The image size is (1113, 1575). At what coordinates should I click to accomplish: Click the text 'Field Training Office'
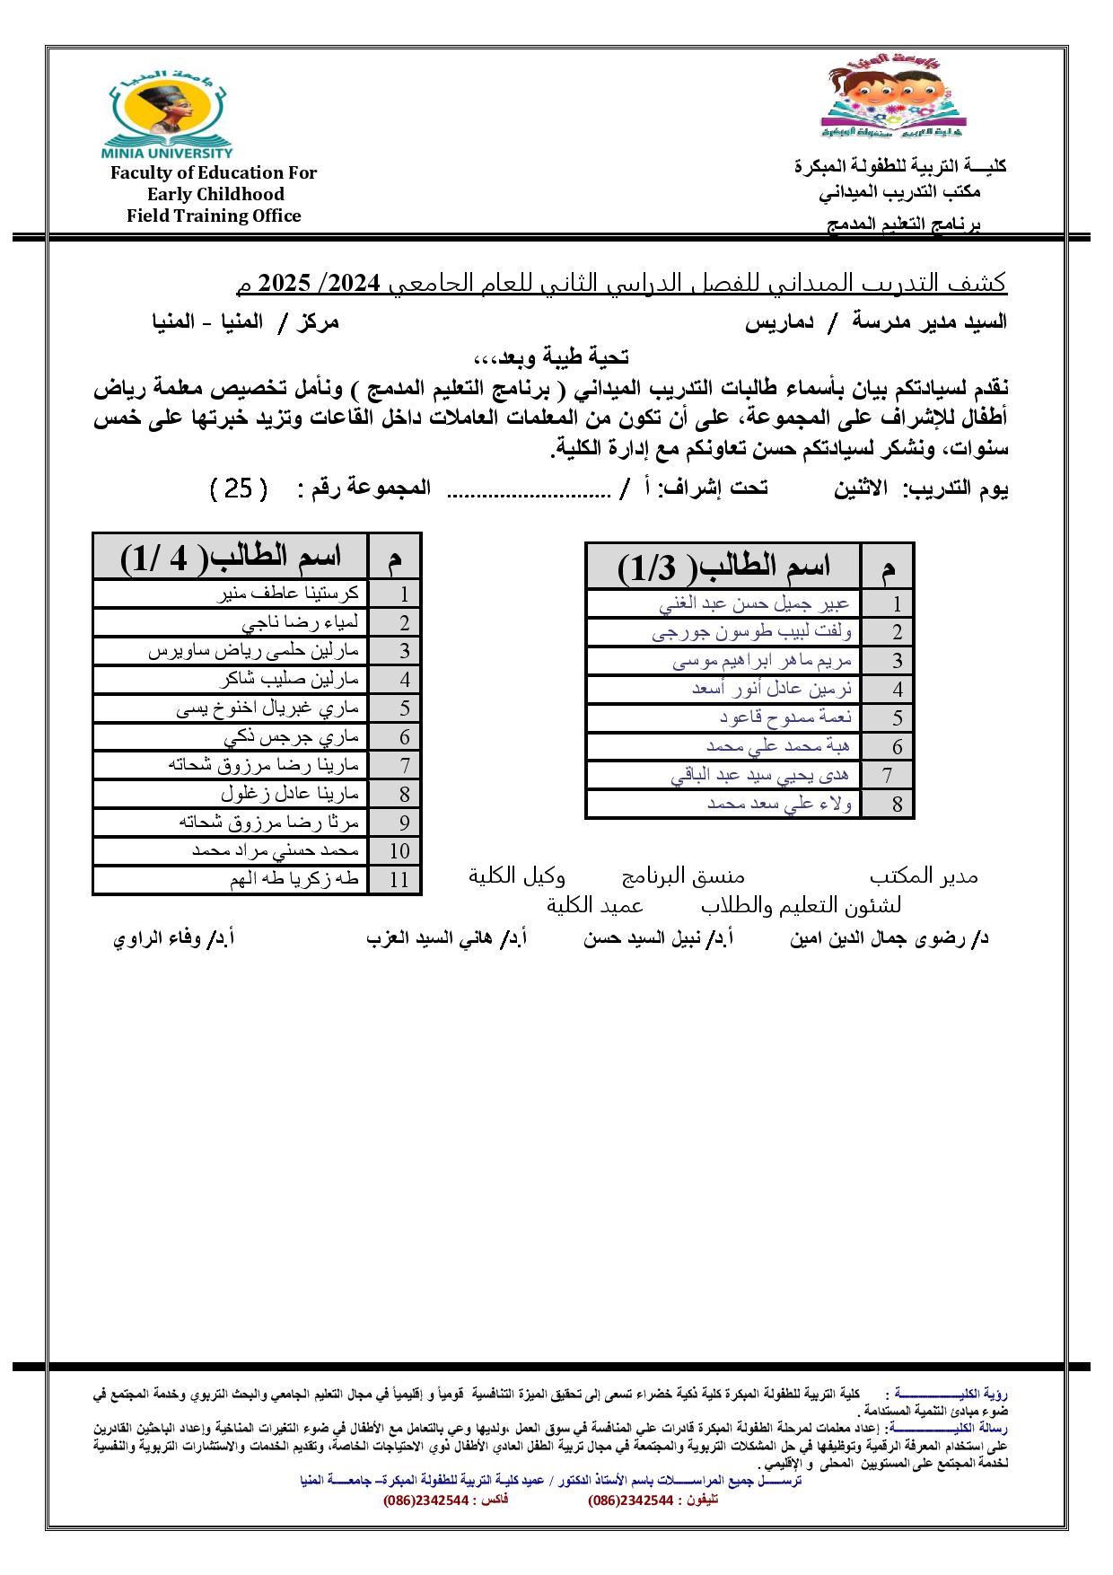tap(214, 216)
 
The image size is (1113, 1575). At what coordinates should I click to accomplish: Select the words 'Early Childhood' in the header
tap(215, 194)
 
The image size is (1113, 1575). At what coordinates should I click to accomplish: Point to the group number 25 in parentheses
tap(238, 488)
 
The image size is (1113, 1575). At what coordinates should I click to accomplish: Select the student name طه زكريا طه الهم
tap(294, 879)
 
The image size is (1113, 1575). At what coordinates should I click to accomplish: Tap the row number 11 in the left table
tap(399, 880)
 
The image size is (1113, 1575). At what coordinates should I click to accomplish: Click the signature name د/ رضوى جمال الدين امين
tap(890, 939)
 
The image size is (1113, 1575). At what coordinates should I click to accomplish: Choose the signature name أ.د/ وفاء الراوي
tap(173, 939)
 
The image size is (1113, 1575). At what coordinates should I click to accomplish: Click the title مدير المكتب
tap(924, 876)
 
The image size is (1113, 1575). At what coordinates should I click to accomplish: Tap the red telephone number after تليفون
tap(629, 1500)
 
